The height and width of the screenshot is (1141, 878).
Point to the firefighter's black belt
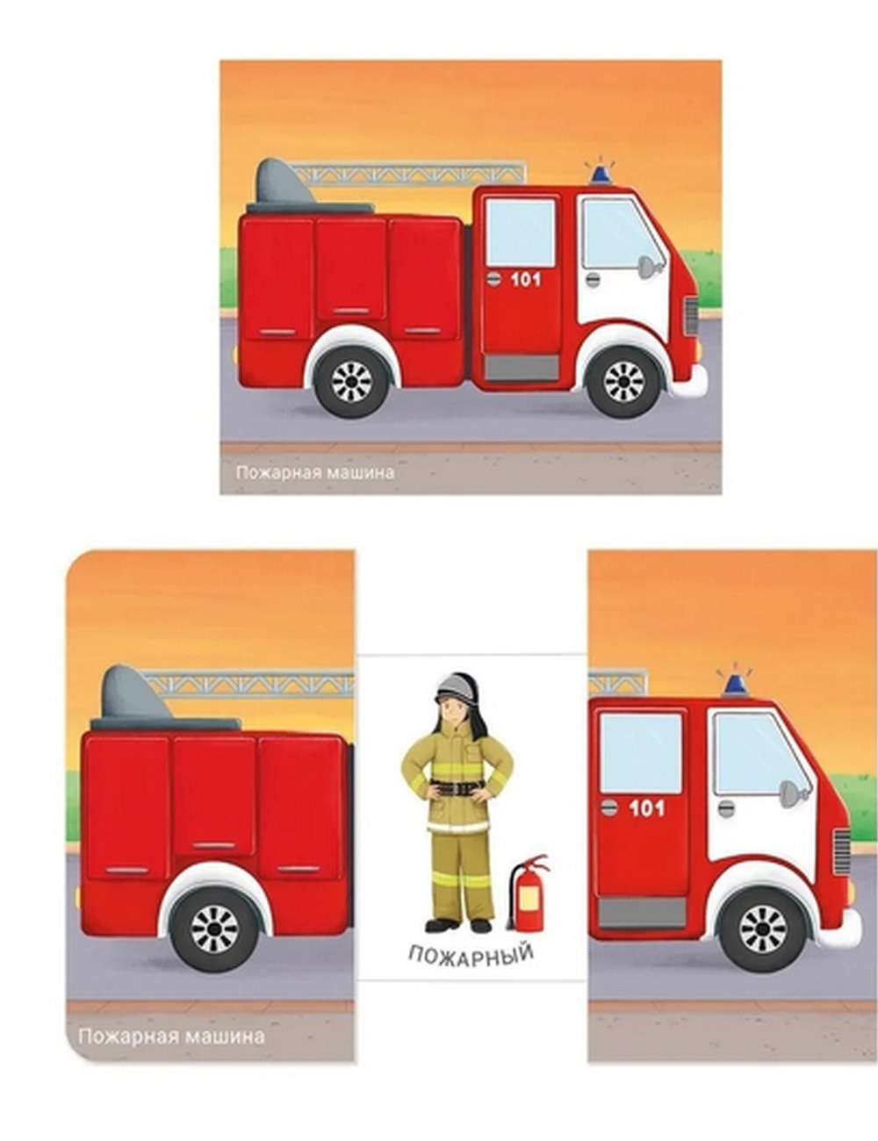[457, 789]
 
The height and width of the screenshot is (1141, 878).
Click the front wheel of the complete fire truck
[624, 381]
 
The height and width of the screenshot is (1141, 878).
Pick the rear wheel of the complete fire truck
[353, 381]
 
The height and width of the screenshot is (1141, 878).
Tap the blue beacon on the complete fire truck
[601, 173]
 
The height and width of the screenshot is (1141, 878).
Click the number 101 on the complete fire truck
[526, 280]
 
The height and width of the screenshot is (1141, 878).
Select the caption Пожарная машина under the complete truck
[315, 472]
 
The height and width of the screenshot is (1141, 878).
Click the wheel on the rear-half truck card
[215, 930]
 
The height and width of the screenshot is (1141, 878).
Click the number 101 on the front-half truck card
[646, 808]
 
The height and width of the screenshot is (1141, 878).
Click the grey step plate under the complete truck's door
[521, 367]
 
